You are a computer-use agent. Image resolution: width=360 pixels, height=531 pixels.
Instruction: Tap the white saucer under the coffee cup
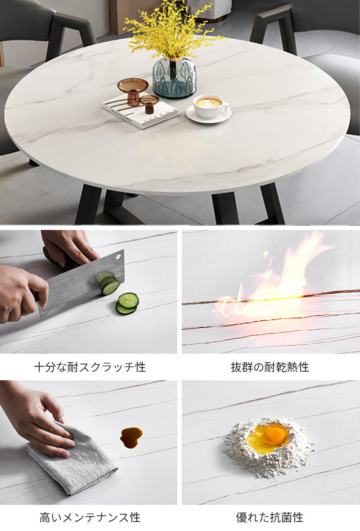click(x=209, y=116)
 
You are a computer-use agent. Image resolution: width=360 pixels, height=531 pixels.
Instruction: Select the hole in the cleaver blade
click(x=118, y=256)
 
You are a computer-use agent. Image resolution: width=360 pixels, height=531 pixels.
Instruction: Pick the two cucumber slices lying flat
click(x=128, y=303)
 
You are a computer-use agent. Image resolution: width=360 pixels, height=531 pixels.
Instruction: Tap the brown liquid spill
click(x=131, y=437)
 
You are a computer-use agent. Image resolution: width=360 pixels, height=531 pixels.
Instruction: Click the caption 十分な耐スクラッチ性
click(x=90, y=367)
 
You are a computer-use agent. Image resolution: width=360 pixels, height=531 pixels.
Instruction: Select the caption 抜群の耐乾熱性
click(x=270, y=367)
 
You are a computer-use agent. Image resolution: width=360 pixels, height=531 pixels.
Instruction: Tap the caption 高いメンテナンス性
click(x=90, y=517)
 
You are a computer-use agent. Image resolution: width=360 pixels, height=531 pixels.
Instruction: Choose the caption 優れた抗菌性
click(x=270, y=517)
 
